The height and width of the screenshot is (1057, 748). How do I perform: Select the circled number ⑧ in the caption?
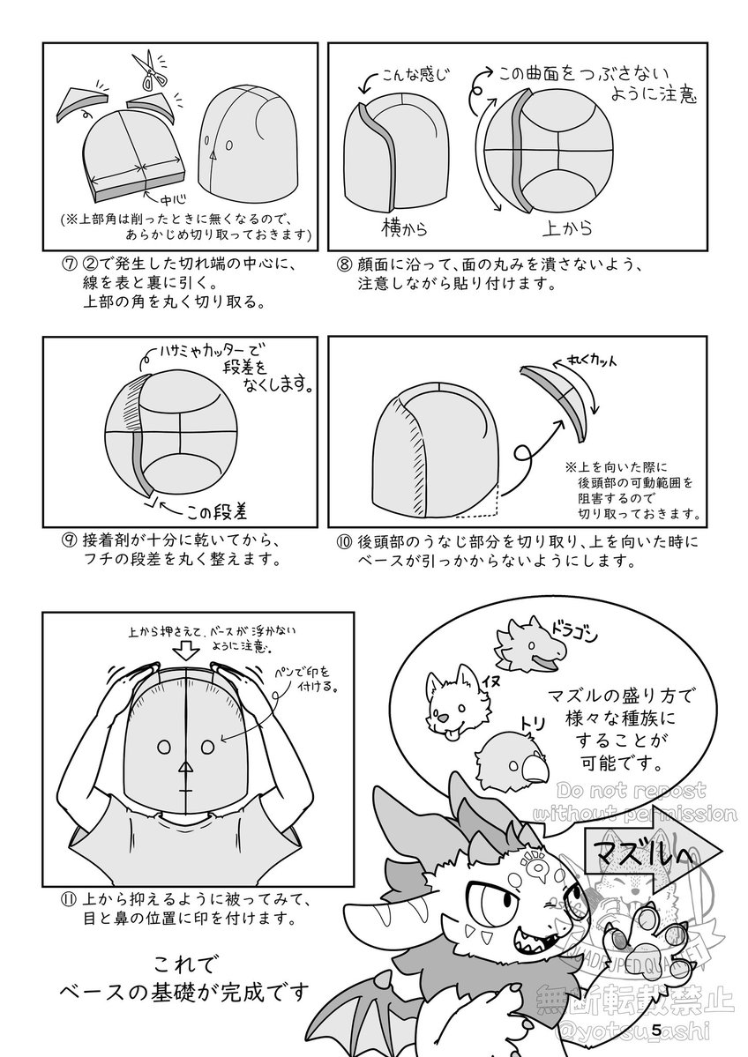click(341, 265)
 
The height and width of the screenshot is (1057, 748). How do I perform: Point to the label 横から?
click(406, 228)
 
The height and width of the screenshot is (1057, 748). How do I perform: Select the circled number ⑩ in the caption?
click(341, 540)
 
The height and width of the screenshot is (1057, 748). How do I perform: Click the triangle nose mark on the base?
click(184, 768)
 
